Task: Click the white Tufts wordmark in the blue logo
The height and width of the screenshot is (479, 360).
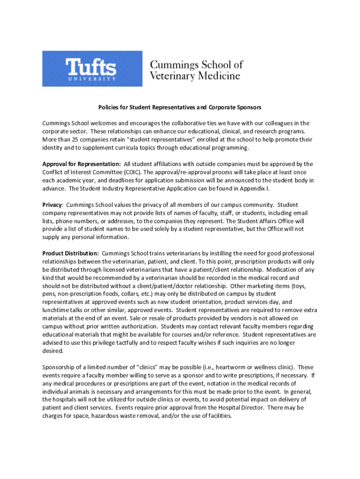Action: tap(92, 67)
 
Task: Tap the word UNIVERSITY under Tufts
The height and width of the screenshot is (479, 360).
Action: tap(92, 79)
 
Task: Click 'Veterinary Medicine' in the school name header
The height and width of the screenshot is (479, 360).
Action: tap(195, 76)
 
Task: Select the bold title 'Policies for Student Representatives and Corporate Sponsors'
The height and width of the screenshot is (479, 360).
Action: tap(180, 108)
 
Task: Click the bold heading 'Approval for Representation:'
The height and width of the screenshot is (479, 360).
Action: tap(82, 164)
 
